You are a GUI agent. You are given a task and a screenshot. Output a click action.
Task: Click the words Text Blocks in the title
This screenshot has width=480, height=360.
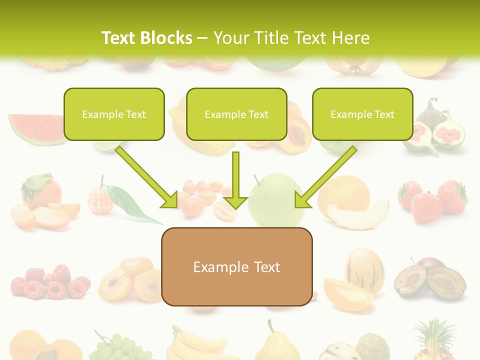[x=146, y=38]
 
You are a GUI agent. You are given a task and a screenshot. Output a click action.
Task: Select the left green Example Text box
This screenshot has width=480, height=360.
[x=114, y=114]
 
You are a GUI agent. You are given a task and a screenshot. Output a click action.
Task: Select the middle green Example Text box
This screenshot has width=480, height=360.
[x=236, y=114]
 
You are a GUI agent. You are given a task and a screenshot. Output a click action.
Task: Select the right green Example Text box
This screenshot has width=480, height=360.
[x=362, y=114]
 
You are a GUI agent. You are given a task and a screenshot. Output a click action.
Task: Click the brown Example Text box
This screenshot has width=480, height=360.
[x=236, y=267]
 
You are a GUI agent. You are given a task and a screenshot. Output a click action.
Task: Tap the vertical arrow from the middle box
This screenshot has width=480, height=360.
[x=235, y=180]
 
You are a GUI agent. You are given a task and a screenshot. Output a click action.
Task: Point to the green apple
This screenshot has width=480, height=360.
[x=276, y=200]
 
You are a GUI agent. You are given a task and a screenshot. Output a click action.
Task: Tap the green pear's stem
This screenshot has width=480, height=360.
[x=270, y=325]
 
